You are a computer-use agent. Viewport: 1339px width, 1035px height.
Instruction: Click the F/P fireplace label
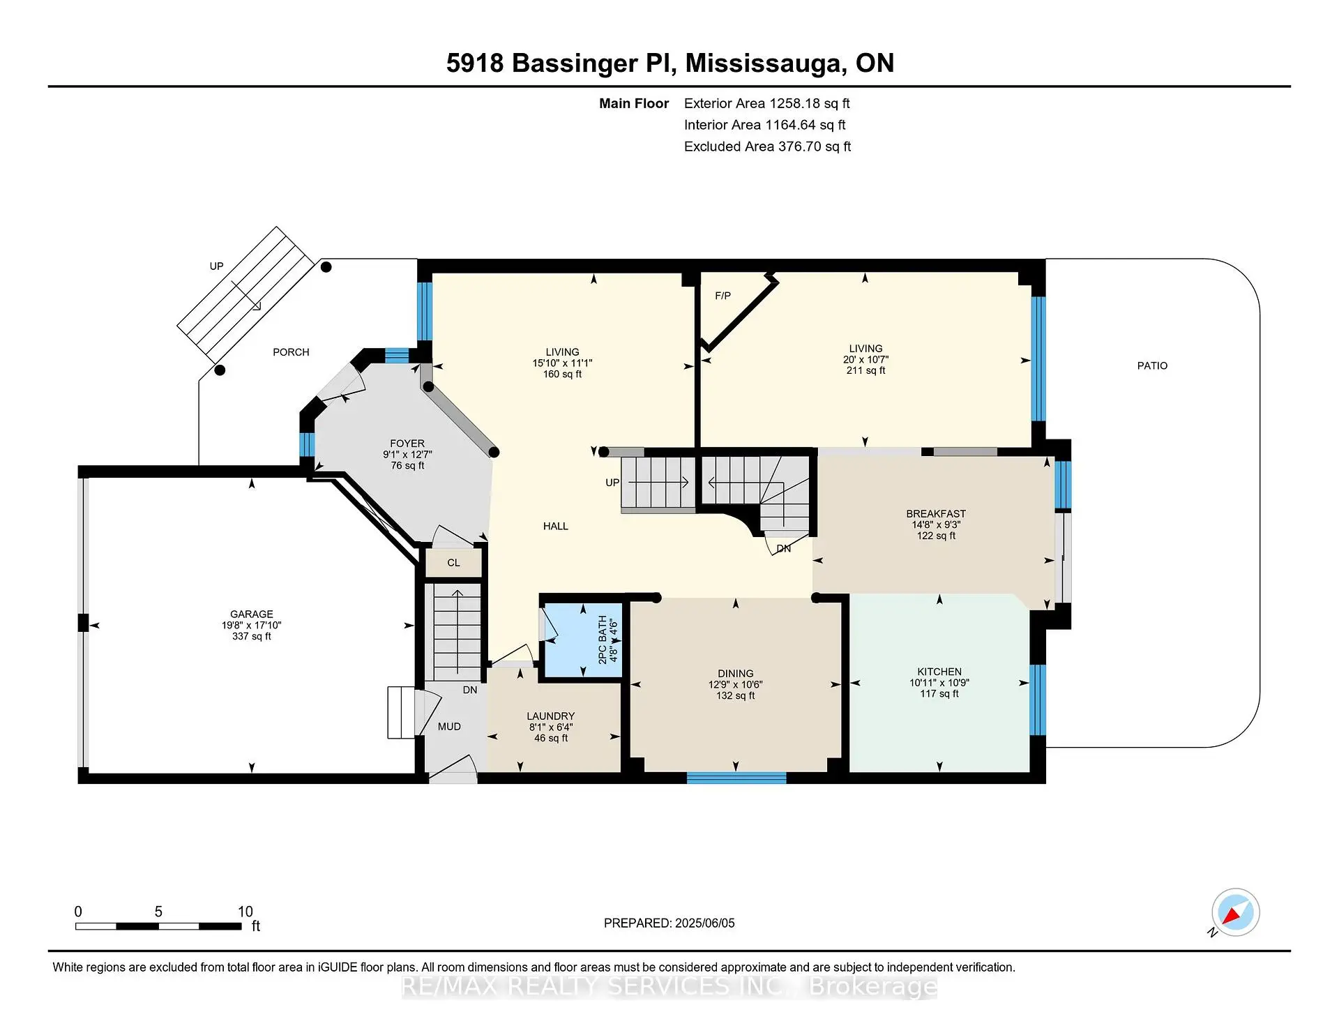[723, 296]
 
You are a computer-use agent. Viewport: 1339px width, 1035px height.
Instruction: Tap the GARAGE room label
[252, 614]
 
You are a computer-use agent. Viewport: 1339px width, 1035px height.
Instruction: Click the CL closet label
[453, 563]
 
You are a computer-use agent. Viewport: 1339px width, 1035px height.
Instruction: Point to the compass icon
[1235, 912]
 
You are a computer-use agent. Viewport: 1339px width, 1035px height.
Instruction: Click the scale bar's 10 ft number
[245, 912]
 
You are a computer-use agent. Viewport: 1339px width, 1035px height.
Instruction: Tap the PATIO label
[1152, 365]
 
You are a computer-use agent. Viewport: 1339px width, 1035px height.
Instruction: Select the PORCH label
[291, 352]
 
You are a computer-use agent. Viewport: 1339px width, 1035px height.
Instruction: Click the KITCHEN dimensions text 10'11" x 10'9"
[939, 683]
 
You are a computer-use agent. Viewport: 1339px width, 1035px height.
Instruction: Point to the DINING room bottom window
[736, 778]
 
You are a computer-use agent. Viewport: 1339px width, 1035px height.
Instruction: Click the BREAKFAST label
[936, 513]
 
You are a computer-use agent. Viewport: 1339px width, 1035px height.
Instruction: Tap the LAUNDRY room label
[550, 716]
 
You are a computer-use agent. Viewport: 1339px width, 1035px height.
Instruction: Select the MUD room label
[449, 727]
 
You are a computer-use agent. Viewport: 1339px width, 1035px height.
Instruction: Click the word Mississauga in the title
[763, 63]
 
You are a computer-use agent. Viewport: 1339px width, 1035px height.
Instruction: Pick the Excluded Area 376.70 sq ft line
[767, 146]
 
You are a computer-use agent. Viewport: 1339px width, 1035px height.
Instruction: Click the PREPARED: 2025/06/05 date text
[669, 923]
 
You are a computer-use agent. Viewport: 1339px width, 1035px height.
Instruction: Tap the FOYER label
[407, 444]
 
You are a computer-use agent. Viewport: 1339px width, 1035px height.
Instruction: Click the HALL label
[555, 527]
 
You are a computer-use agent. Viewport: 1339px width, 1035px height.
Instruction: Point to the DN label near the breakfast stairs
[784, 549]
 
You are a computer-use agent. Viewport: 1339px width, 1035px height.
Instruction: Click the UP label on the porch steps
[216, 266]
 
